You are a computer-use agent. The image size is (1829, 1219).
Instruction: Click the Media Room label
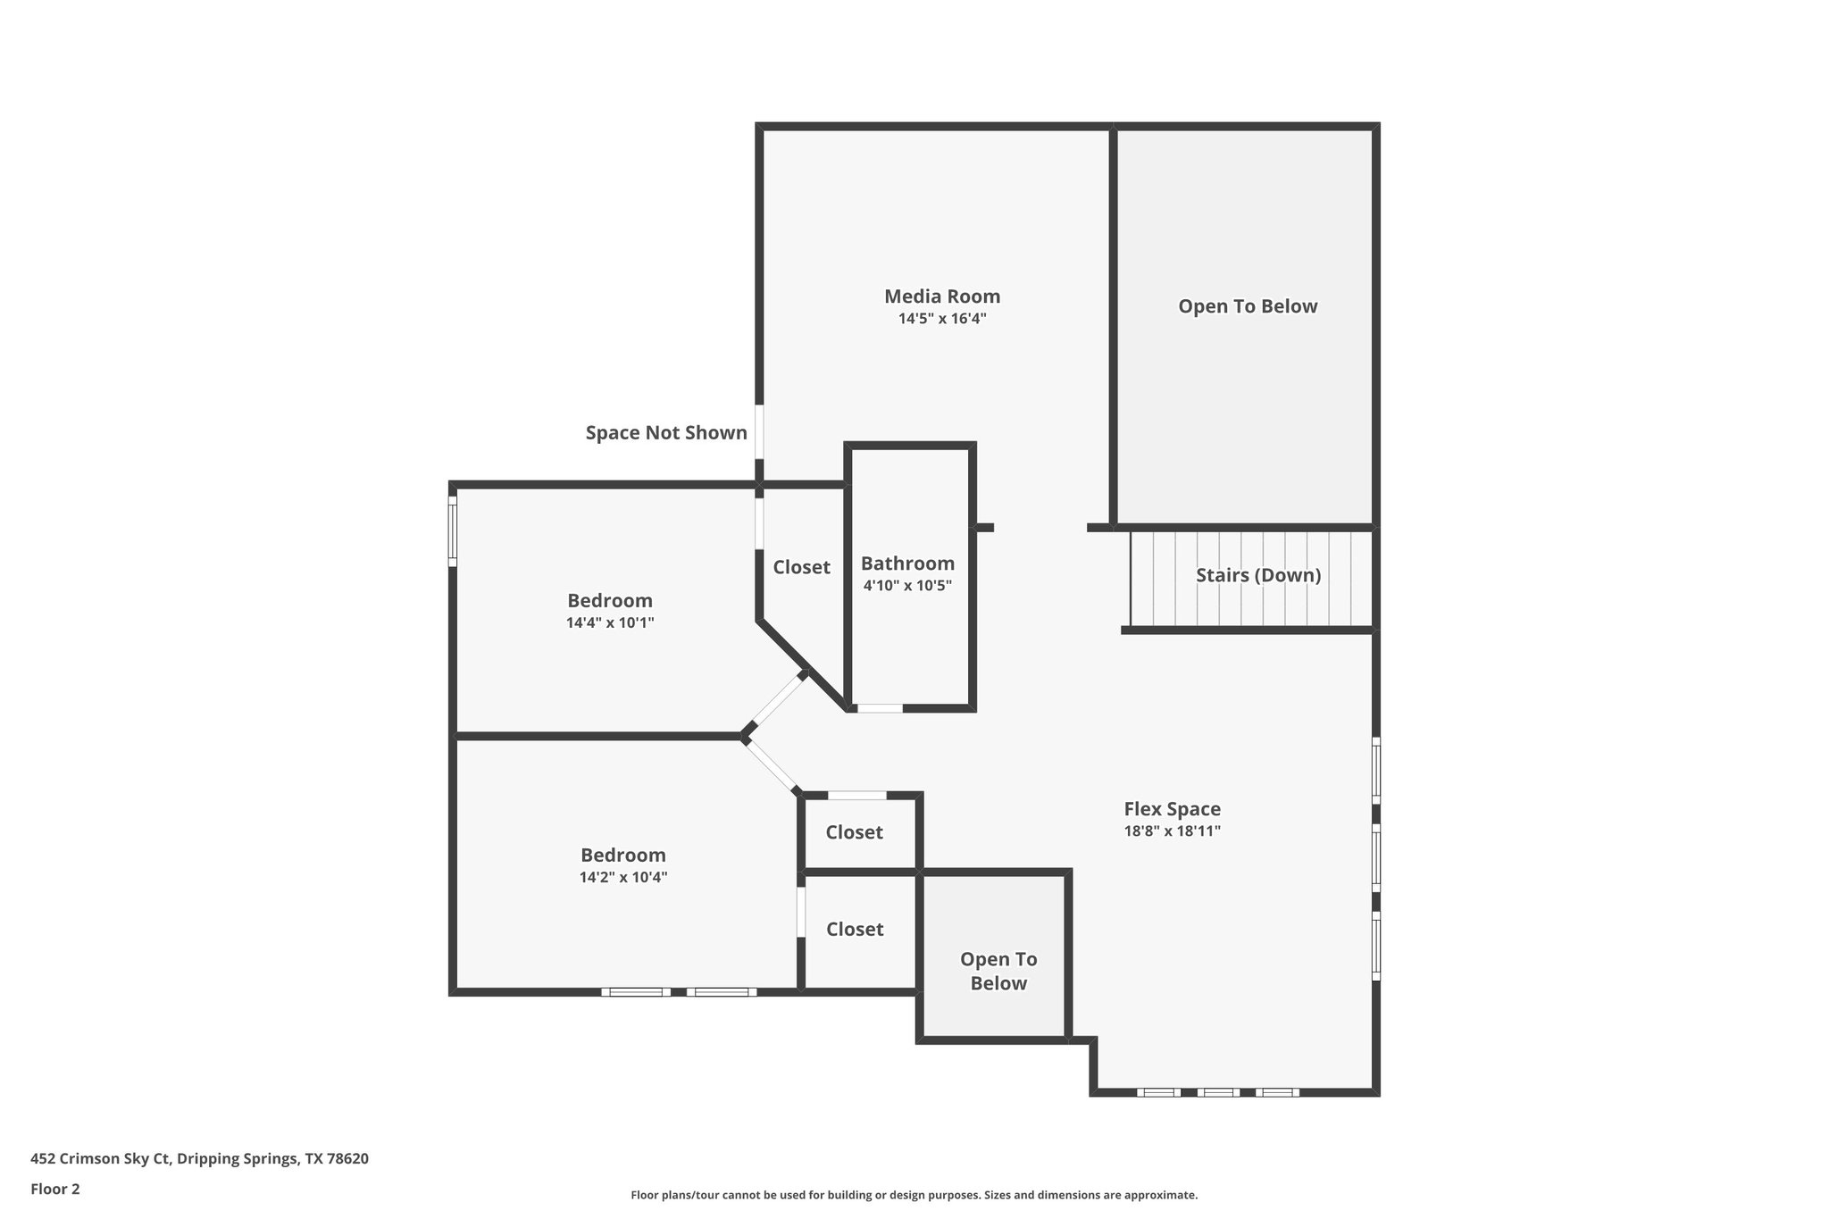pos(942,296)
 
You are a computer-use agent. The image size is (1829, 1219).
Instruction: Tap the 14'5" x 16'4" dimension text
pos(942,319)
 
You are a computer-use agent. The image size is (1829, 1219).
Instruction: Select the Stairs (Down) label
pos(1258,575)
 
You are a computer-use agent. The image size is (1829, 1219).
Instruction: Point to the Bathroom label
pos(907,564)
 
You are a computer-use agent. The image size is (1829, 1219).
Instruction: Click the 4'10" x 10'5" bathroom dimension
pos(907,586)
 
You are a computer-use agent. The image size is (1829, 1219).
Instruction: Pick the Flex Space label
pos(1172,809)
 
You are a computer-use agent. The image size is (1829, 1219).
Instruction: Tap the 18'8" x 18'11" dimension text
pos(1172,831)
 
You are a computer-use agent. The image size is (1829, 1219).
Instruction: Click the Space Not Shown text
pos(666,433)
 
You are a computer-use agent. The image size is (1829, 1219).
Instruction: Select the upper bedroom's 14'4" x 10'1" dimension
pos(610,622)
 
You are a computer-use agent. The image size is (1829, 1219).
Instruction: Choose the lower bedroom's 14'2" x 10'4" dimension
pos(623,877)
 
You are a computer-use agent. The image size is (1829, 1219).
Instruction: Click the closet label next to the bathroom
pos(801,567)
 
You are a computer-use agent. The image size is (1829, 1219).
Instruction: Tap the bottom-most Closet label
pos(855,930)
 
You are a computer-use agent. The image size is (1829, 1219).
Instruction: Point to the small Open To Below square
pos(998,971)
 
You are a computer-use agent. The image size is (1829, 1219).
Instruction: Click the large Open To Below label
pos(1248,306)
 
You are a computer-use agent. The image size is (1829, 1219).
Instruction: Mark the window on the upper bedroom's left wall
pos(453,531)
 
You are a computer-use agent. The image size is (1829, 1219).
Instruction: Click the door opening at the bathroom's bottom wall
pos(880,708)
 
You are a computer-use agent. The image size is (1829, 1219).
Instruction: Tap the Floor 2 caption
pos(55,1189)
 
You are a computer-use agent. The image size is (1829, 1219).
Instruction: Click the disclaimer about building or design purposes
pos(914,1195)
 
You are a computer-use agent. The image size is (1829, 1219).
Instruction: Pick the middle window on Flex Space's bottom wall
pos(1218,1092)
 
